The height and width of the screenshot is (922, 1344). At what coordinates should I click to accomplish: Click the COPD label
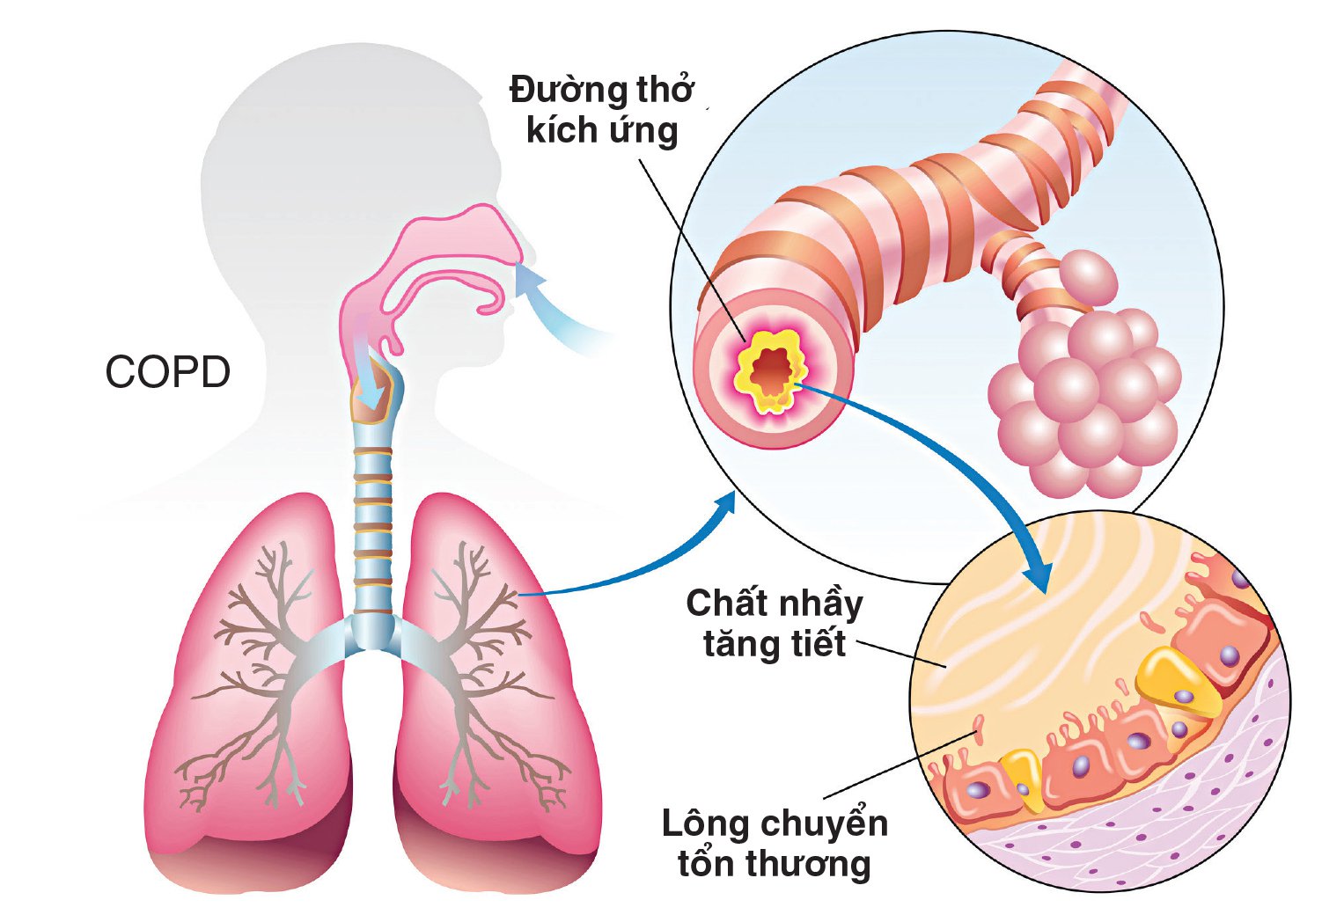tap(167, 372)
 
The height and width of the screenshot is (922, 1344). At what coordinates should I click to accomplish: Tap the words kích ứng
tap(602, 131)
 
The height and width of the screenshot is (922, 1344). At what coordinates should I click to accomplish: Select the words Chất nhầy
tap(774, 604)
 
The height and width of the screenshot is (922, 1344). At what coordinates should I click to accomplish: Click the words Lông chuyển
tap(775, 823)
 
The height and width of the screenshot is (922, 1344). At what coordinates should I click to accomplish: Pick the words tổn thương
tap(774, 863)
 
